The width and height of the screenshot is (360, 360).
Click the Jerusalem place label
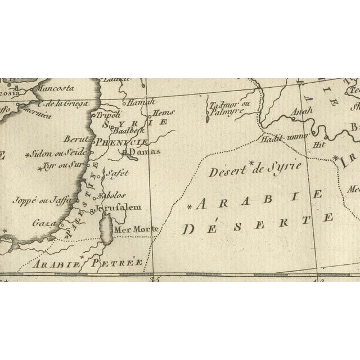(x=117, y=208)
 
